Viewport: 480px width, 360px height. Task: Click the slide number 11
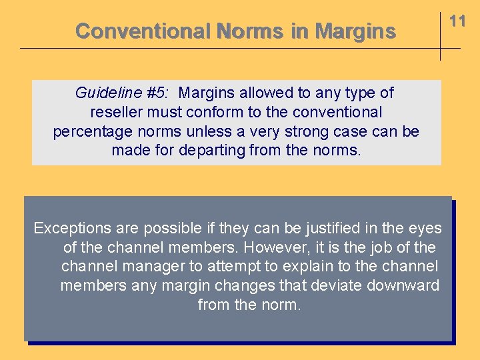[457, 21]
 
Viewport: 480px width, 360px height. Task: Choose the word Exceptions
[69, 229]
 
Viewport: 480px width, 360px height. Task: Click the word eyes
[425, 229]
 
